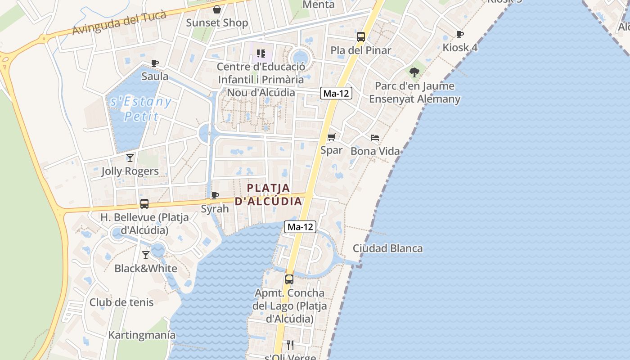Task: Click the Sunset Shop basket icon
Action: click(217, 9)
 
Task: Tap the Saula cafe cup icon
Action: click(155, 63)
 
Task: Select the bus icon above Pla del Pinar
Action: click(361, 37)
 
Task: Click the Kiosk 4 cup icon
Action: click(459, 34)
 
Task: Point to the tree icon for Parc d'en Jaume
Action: click(414, 72)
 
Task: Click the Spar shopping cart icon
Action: click(332, 137)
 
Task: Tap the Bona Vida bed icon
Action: click(375, 138)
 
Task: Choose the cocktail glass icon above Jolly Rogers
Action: click(130, 158)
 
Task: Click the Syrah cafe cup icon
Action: click(215, 195)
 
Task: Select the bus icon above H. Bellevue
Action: click(144, 204)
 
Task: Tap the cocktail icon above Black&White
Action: click(146, 255)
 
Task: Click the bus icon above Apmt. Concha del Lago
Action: click(289, 279)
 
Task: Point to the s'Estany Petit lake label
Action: click(141, 109)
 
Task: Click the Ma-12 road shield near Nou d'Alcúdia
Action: click(336, 93)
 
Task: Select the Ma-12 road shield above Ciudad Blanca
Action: click(300, 227)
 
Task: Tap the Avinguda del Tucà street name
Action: click(119, 22)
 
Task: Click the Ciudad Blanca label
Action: click(387, 248)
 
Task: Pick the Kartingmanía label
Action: click(142, 335)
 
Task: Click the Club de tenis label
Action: click(121, 302)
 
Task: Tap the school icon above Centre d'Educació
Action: click(261, 54)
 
